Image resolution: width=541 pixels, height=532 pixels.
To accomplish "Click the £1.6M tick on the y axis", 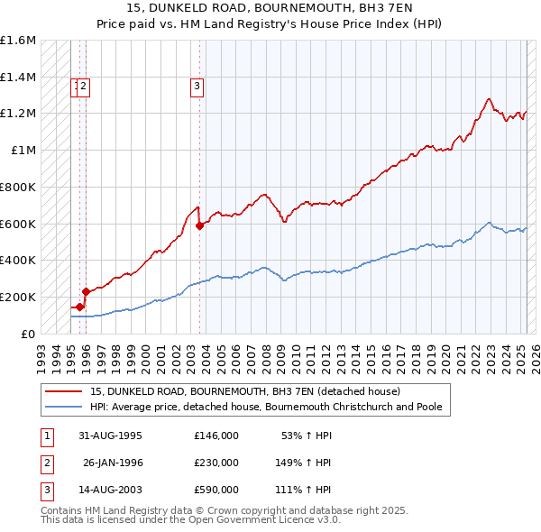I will (17, 41).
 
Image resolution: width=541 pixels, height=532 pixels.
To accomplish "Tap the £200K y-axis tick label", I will (17, 297).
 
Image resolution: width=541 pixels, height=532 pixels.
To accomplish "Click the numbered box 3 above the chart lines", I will (197, 87).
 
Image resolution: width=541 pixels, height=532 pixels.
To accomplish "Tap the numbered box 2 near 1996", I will (83, 87).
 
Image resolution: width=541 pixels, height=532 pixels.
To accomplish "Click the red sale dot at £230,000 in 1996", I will (86, 291).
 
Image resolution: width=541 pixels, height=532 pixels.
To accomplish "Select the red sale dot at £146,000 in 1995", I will (79, 307).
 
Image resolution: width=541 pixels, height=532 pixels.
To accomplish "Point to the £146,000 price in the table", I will (216, 436).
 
